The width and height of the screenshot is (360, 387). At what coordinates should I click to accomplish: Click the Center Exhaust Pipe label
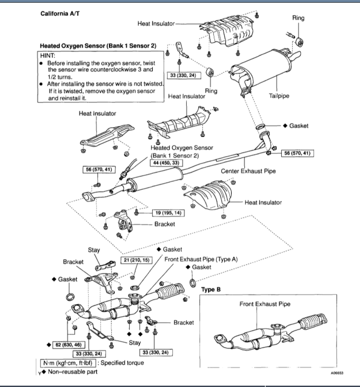[248, 171]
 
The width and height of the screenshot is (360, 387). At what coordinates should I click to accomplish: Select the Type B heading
[211, 290]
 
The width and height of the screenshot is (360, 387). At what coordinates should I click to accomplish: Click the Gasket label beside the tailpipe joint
[298, 126]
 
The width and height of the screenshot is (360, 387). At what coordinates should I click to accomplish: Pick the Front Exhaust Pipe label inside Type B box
[264, 304]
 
